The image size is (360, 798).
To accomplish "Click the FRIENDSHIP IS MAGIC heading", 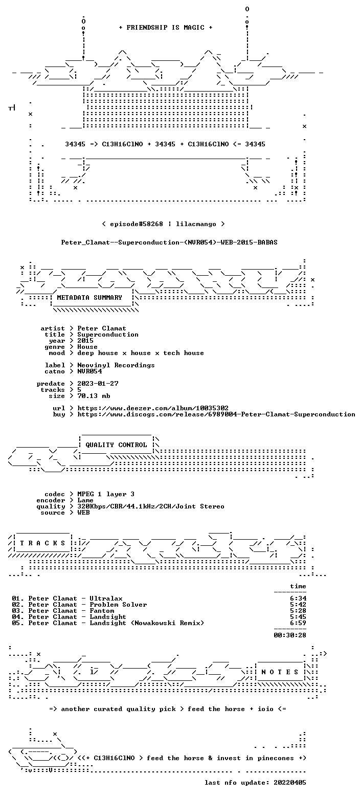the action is pyautogui.click(x=166, y=28).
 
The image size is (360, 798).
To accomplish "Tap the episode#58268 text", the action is pyautogui.click(x=137, y=224).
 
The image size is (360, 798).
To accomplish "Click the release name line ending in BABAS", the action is pyautogui.click(x=169, y=242).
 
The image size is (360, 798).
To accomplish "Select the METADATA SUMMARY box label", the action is pyautogui.click(x=89, y=298).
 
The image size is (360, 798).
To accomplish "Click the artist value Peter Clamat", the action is pyautogui.click(x=102, y=328).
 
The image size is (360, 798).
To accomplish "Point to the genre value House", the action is pyautogui.click(x=87, y=347).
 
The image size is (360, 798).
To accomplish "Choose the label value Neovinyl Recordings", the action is pyautogui.click(x=116, y=366).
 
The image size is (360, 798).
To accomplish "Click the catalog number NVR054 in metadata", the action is pyautogui.click(x=89, y=371).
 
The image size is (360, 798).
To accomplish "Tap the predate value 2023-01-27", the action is pyautogui.click(x=98, y=384).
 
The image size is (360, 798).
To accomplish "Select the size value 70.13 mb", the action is pyautogui.click(x=94, y=396).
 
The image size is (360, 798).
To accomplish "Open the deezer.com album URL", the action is pyautogui.click(x=153, y=408).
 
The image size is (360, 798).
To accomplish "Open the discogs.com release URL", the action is pyautogui.click(x=216, y=414).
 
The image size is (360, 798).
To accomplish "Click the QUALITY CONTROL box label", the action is pyautogui.click(x=116, y=445).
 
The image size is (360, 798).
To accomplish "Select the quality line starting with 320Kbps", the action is pyautogui.click(x=151, y=506).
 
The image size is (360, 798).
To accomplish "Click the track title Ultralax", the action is pyautogui.click(x=106, y=599).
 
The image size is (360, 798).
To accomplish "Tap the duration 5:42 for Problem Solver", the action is pyautogui.click(x=298, y=605).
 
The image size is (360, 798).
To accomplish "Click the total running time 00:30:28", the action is pyautogui.click(x=290, y=635).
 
